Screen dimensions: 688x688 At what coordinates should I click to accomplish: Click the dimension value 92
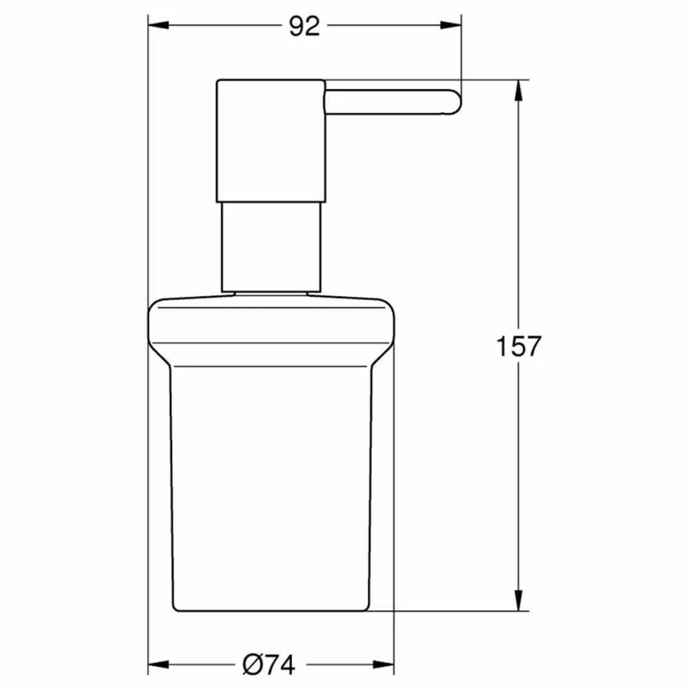point(304,27)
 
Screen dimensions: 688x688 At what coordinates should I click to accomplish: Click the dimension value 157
point(519,346)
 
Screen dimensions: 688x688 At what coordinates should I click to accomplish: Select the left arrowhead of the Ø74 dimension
point(158,665)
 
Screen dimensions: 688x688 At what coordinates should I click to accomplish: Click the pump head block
point(270,140)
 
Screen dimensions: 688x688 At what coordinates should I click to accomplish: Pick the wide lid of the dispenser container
point(271,323)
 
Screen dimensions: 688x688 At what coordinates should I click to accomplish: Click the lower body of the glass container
point(271,482)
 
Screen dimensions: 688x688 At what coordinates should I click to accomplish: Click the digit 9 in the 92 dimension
point(296,27)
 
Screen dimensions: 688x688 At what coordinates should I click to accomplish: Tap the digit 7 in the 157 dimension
point(533,346)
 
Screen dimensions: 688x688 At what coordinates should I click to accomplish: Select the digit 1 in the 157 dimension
point(503,346)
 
